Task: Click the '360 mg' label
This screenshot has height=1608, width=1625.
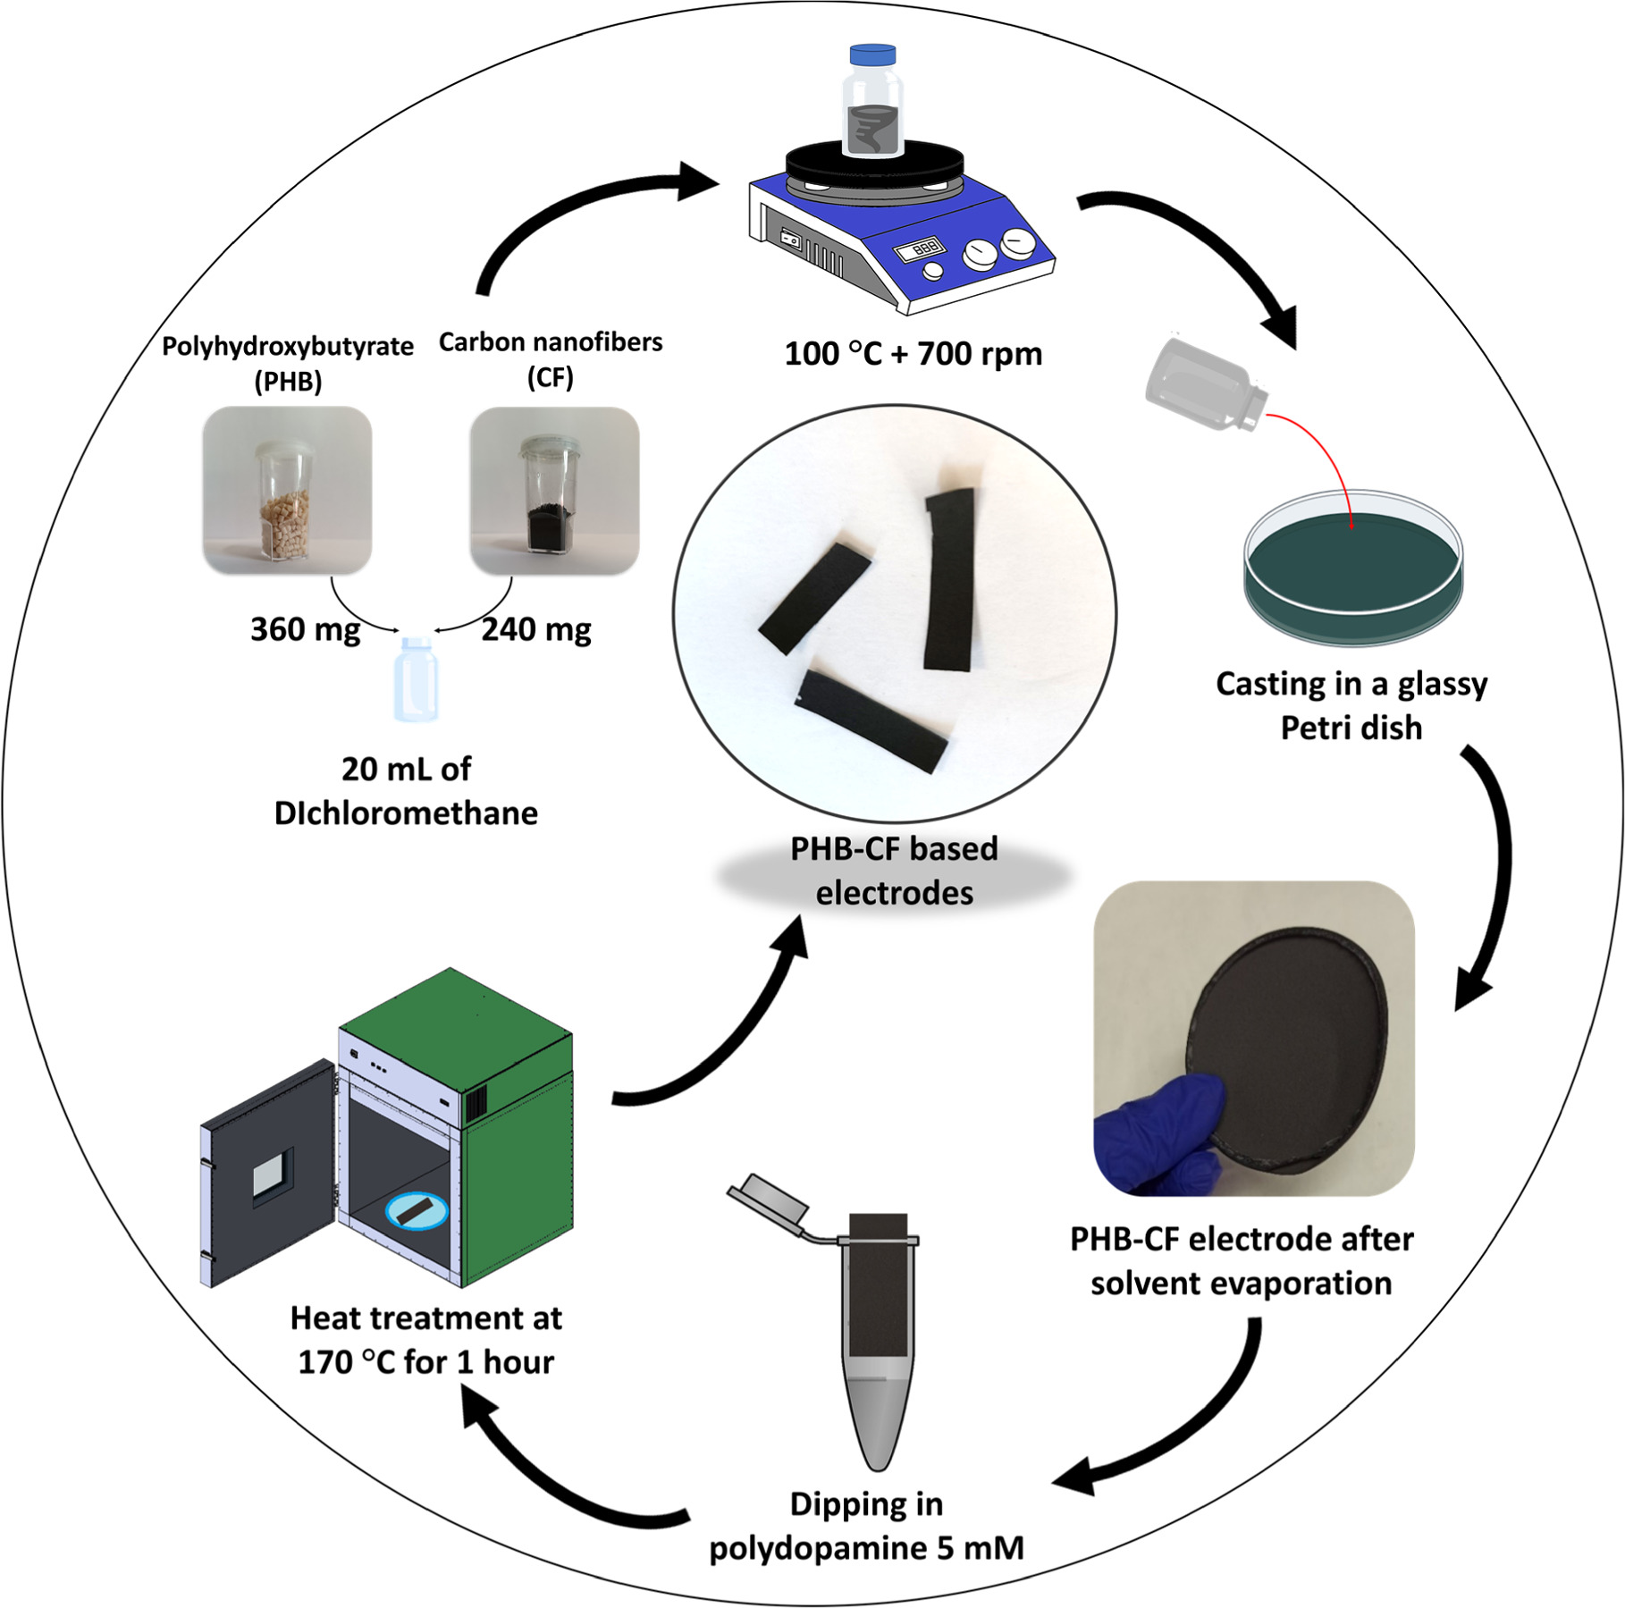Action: [305, 629]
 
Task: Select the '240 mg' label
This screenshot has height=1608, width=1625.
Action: [536, 629]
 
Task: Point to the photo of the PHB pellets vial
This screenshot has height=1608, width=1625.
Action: [287, 491]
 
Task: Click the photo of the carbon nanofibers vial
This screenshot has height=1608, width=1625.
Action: [554, 491]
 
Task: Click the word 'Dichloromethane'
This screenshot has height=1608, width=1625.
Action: [406, 813]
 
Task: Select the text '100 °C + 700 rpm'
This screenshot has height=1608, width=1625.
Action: [913, 354]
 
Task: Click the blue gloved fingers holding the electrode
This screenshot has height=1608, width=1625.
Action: [1162, 1131]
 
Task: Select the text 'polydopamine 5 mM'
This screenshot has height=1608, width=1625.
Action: [865, 1547]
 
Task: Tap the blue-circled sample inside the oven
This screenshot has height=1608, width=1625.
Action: [417, 1210]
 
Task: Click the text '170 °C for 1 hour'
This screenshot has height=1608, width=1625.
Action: [425, 1362]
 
